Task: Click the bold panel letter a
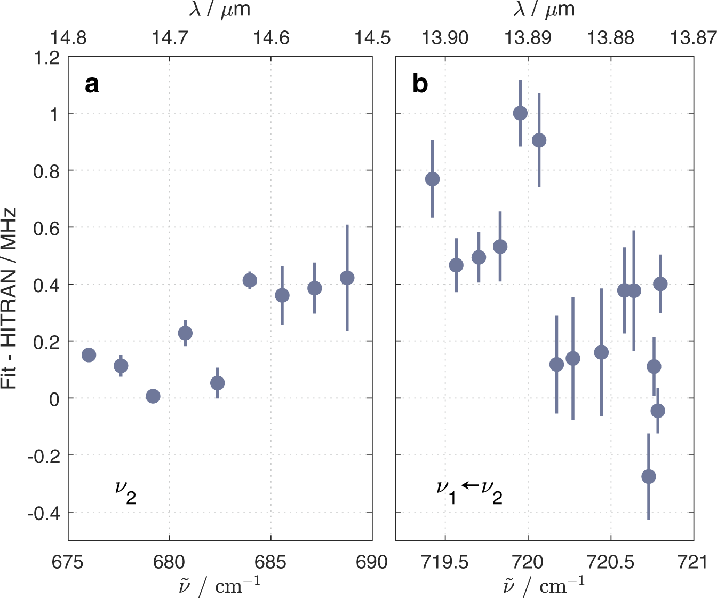click(92, 84)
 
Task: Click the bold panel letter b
click(420, 84)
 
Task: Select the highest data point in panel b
click(520, 113)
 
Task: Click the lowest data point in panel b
click(649, 477)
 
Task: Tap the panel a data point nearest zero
click(153, 396)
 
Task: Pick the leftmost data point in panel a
click(89, 355)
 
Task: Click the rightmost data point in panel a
click(347, 278)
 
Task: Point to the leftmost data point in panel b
click(433, 179)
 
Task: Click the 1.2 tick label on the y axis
click(47, 58)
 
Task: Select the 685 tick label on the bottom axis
click(271, 562)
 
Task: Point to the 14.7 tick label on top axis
click(170, 38)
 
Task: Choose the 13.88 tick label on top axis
click(610, 38)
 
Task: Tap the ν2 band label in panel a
click(125, 492)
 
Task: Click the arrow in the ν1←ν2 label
click(469, 485)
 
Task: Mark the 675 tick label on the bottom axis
click(68, 562)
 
